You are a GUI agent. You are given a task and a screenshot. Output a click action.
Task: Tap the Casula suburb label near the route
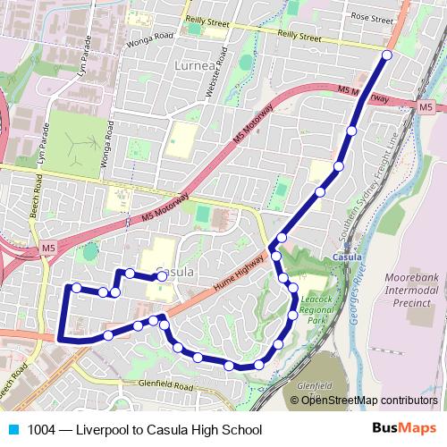coord(174,270)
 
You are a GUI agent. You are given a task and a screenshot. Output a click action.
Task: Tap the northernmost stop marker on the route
coord(387,55)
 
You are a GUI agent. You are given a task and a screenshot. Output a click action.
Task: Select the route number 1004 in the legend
coord(40,430)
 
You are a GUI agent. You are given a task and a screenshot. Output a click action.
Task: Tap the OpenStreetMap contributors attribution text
coord(369,400)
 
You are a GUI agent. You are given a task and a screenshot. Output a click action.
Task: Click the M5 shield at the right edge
coord(426,106)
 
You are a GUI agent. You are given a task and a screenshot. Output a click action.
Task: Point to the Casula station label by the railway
coord(346,257)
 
